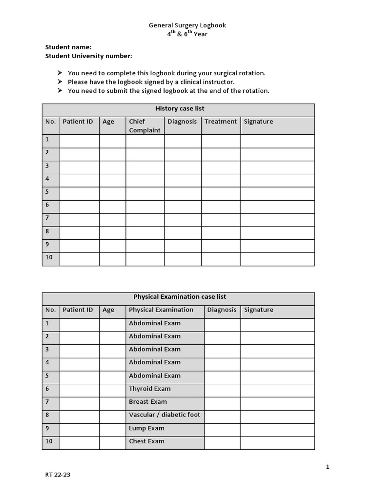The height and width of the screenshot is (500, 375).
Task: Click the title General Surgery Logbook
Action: pyautogui.click(x=187, y=25)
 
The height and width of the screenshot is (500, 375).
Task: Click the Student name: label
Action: pyautogui.click(x=68, y=47)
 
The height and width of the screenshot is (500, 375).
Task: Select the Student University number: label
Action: pyautogui.click(x=88, y=56)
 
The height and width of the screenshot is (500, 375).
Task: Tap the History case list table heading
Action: pyautogui.click(x=180, y=108)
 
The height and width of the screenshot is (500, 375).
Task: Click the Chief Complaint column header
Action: pyautogui.click(x=145, y=125)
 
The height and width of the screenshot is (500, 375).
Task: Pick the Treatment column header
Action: pyautogui.click(x=220, y=121)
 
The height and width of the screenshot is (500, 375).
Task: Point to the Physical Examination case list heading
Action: pyautogui.click(x=180, y=296)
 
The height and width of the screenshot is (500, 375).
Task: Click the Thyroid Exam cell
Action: pyautogui.click(x=150, y=389)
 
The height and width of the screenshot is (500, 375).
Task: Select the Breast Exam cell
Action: pyautogui.click(x=148, y=402)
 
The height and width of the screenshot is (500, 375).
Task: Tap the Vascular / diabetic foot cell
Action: pyautogui.click(x=165, y=415)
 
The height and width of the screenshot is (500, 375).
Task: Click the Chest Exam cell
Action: pyautogui.click(x=146, y=441)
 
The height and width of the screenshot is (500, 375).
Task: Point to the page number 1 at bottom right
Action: pyautogui.click(x=328, y=467)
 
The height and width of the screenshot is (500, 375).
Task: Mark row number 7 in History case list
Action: pyautogui.click(x=47, y=218)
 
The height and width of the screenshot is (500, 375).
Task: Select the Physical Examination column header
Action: pyautogui.click(x=161, y=310)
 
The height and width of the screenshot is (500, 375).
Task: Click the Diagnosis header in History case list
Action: pyautogui.click(x=182, y=121)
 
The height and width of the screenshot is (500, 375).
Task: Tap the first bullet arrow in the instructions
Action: pyautogui.click(x=60, y=73)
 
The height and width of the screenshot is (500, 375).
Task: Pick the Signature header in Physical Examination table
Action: pyautogui.click(x=259, y=310)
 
